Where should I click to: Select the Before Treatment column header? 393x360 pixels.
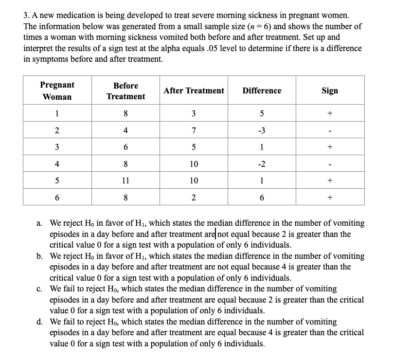(x=126, y=91)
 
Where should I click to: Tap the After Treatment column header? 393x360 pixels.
(x=194, y=90)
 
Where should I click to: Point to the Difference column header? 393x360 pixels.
(x=262, y=90)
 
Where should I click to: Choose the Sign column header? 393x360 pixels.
(x=330, y=90)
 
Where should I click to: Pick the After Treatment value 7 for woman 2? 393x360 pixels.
(x=194, y=130)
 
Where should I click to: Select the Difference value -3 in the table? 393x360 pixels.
(x=262, y=130)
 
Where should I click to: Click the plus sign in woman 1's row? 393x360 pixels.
(x=330, y=114)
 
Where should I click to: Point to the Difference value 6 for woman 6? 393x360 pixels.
(x=262, y=198)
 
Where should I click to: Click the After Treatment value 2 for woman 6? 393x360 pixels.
(x=194, y=198)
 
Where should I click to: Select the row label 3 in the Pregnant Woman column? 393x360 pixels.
(x=57, y=147)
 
